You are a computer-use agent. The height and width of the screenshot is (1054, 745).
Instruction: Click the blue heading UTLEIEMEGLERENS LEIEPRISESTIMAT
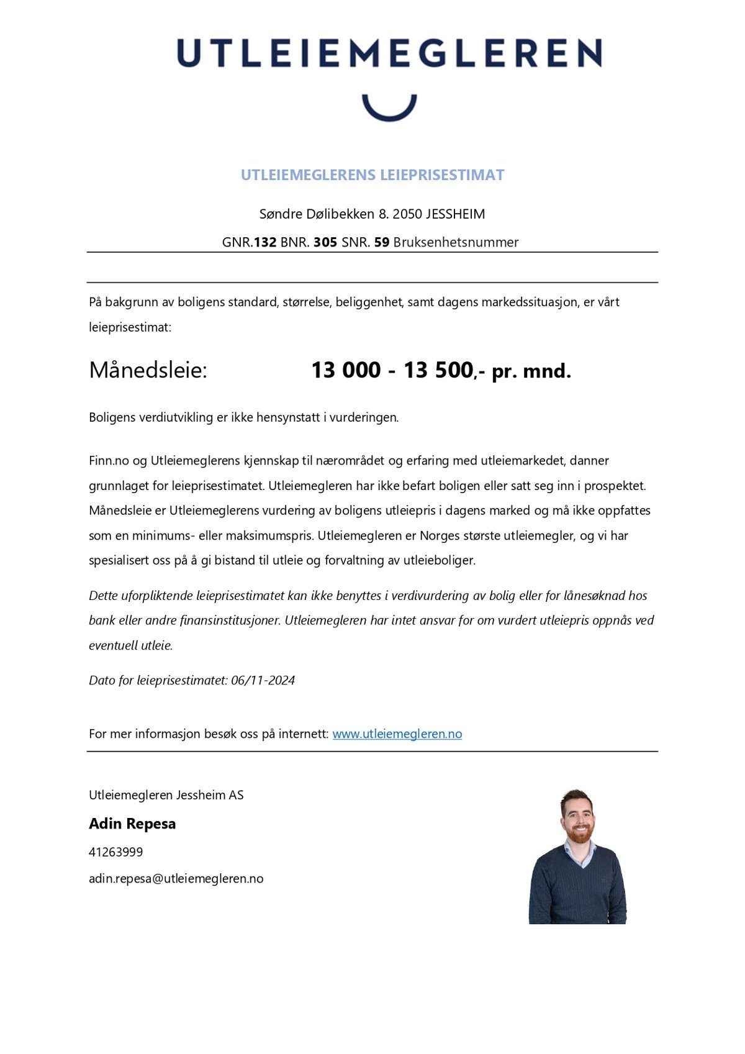point(372,175)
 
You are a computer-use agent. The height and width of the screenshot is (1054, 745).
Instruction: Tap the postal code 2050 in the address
point(407,214)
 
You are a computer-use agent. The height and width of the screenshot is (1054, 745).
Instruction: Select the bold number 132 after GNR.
point(265,242)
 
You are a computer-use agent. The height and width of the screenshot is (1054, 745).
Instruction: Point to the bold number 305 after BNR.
point(325,242)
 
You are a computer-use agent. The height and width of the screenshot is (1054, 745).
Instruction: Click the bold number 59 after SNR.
point(382,242)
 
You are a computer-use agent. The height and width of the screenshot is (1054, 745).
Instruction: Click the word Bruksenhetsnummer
point(456,242)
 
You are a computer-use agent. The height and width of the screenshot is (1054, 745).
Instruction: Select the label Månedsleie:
point(148,370)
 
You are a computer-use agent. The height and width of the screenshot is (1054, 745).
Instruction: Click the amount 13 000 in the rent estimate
point(346,370)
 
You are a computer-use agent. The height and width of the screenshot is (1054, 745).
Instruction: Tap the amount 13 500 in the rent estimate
point(438,370)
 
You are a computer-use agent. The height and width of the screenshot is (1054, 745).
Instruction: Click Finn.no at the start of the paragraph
point(109,461)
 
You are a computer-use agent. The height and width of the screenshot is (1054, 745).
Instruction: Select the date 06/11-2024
point(263,680)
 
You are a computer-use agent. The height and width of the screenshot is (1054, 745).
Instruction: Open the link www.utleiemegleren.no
point(397,734)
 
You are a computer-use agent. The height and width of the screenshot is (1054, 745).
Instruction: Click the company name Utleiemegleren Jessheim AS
point(166,795)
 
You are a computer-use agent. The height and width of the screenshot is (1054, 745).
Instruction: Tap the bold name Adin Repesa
point(132,824)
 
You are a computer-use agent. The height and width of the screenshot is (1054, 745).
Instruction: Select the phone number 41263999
point(115,852)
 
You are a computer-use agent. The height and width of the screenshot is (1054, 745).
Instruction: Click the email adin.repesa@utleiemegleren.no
point(176,879)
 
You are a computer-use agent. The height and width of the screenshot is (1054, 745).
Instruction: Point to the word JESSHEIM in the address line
point(456,214)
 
